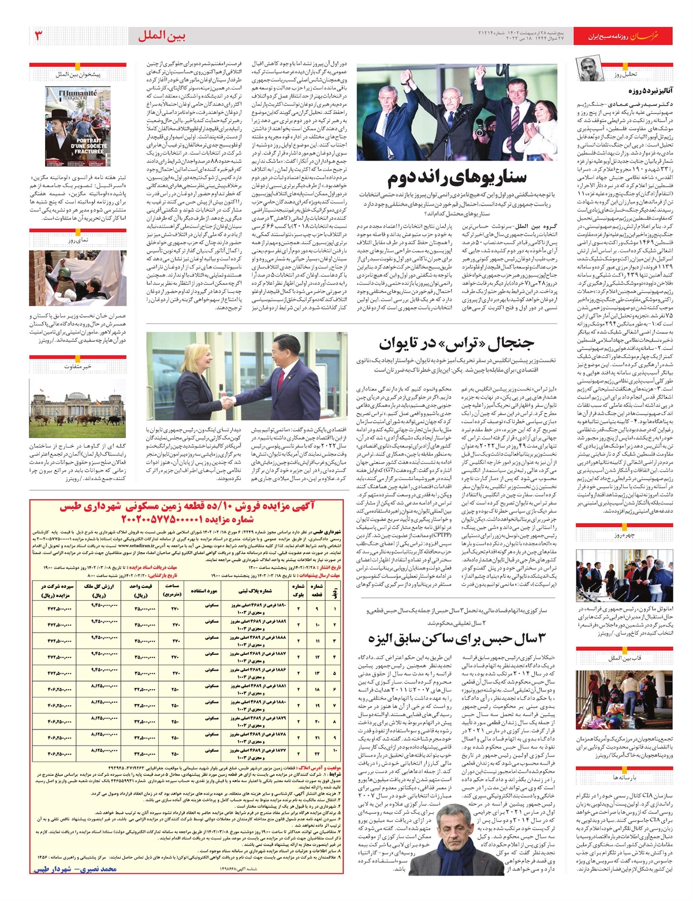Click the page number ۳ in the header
pyautogui.click(x=39, y=36)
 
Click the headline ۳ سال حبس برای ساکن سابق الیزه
pyautogui.click(x=456, y=639)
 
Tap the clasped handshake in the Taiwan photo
pyautogui.click(x=230, y=400)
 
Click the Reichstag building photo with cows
pyautogui.click(x=77, y=408)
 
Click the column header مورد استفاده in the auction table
pyautogui.click(x=204, y=591)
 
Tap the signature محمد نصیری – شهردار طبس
pyautogui.click(x=75, y=869)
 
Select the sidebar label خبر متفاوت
pyautogui.click(x=78, y=366)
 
